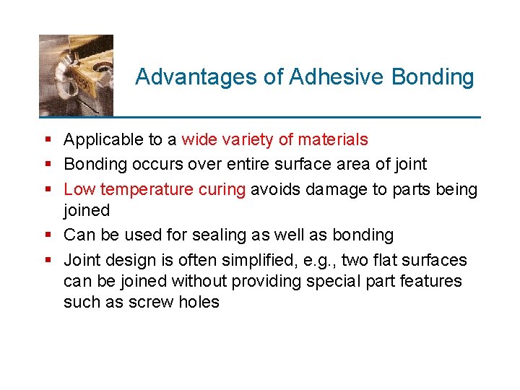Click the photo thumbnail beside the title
point(76,75)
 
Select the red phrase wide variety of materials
point(275,139)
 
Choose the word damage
point(334,190)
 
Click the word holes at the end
point(199,302)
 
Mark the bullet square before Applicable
point(47,140)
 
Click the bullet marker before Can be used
point(47,235)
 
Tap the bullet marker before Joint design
point(47,260)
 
